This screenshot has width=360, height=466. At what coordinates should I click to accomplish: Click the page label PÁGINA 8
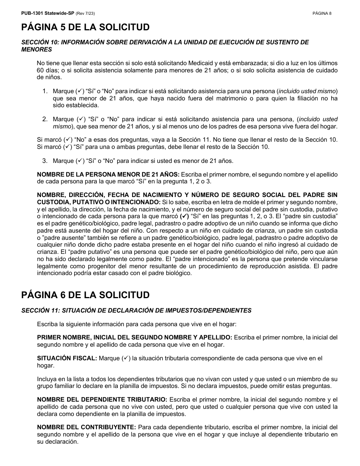coord(322,13)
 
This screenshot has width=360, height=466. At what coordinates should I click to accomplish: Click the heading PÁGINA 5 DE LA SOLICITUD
coord(86,27)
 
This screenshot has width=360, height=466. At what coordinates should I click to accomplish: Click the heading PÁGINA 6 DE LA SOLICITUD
coord(86,295)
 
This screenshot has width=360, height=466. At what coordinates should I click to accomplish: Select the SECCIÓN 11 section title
coord(136,310)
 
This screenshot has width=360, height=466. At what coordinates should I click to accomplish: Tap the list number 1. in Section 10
coord(45,91)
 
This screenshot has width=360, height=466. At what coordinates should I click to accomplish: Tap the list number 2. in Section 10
coord(45,119)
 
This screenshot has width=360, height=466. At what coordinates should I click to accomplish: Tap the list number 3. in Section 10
coord(45,161)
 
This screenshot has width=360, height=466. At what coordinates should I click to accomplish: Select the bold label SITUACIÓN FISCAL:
coord(67,358)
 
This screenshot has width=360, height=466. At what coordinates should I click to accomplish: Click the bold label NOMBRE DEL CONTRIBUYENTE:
coord(86,427)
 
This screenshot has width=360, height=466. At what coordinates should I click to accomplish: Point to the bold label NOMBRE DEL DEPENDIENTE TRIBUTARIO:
coord(102,400)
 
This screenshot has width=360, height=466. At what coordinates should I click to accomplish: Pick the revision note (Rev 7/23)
coord(85,13)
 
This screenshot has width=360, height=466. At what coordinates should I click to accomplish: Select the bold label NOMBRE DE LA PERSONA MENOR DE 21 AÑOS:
coord(108,174)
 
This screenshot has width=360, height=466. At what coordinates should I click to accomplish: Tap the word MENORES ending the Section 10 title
coord(37,49)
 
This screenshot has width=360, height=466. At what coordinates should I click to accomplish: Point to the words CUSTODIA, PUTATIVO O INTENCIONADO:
coord(99,202)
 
